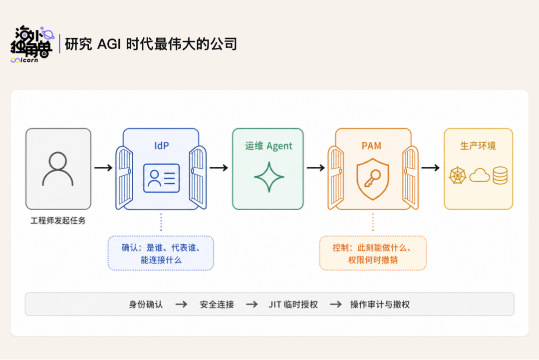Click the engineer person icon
(x=58, y=168)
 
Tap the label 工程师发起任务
(x=58, y=221)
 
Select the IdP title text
(x=161, y=146)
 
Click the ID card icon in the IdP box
(x=161, y=178)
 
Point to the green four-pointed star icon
(x=269, y=177)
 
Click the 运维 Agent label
(x=269, y=146)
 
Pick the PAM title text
(x=372, y=146)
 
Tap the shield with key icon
(x=373, y=179)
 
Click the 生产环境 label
(x=478, y=146)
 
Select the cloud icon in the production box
(x=480, y=175)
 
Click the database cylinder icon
(x=500, y=175)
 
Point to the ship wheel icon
(x=458, y=175)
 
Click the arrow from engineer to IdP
(x=103, y=168)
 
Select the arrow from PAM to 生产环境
(x=430, y=168)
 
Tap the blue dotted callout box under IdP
(x=161, y=253)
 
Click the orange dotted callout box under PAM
(x=373, y=253)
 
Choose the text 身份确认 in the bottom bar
(x=146, y=304)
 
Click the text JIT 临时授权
(x=293, y=304)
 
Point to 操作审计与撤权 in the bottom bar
(x=380, y=304)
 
